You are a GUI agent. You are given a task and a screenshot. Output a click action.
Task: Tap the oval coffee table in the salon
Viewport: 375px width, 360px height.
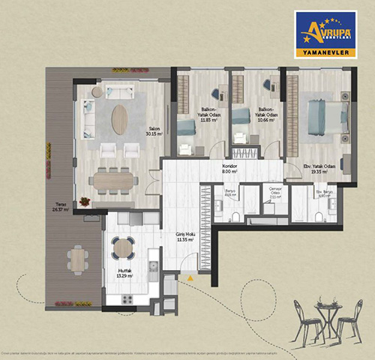click(x=119, y=118)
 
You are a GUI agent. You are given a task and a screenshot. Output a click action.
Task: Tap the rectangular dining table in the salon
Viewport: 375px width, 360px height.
click(x=113, y=181)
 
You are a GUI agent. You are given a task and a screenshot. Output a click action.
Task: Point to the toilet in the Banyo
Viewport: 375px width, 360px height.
click(x=235, y=217)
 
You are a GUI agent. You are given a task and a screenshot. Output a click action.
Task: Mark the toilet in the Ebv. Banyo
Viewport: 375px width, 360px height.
click(x=319, y=218)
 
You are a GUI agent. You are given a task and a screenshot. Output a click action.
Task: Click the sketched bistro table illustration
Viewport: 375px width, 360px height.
click(x=326, y=319)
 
